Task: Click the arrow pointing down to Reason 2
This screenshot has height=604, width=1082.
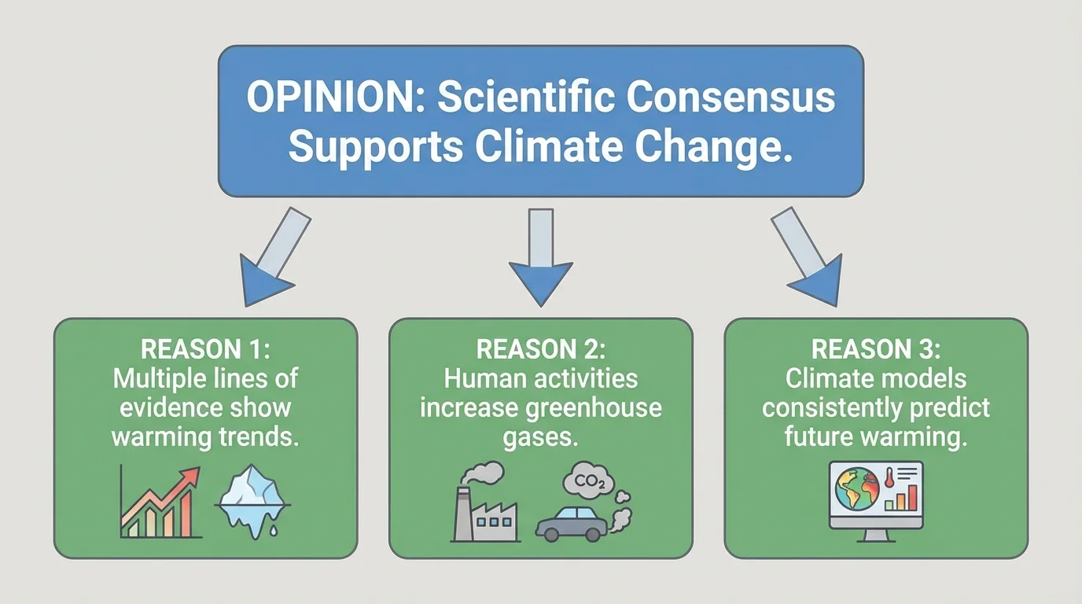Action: coord(540,256)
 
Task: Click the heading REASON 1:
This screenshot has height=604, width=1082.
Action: coord(204,349)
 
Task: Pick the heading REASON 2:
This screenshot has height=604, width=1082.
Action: coord(540,349)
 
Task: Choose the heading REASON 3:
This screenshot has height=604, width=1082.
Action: coord(875,349)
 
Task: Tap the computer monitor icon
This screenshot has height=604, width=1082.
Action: coord(876,501)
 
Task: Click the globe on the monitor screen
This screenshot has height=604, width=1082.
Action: coord(856,491)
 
